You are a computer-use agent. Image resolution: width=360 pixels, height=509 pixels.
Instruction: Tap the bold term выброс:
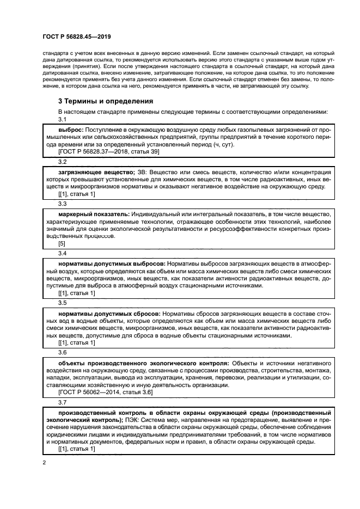(x=70, y=131)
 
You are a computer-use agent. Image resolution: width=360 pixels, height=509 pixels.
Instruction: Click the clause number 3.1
(x=62, y=119)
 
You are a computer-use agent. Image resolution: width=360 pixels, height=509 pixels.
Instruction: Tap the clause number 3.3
(x=62, y=204)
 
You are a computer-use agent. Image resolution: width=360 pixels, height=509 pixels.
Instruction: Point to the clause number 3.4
(x=62, y=253)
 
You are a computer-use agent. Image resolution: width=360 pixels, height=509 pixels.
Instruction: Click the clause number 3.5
(x=62, y=303)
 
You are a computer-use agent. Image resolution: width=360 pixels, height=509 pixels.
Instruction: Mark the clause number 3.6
(x=62, y=352)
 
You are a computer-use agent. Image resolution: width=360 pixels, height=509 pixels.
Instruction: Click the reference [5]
(x=62, y=244)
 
